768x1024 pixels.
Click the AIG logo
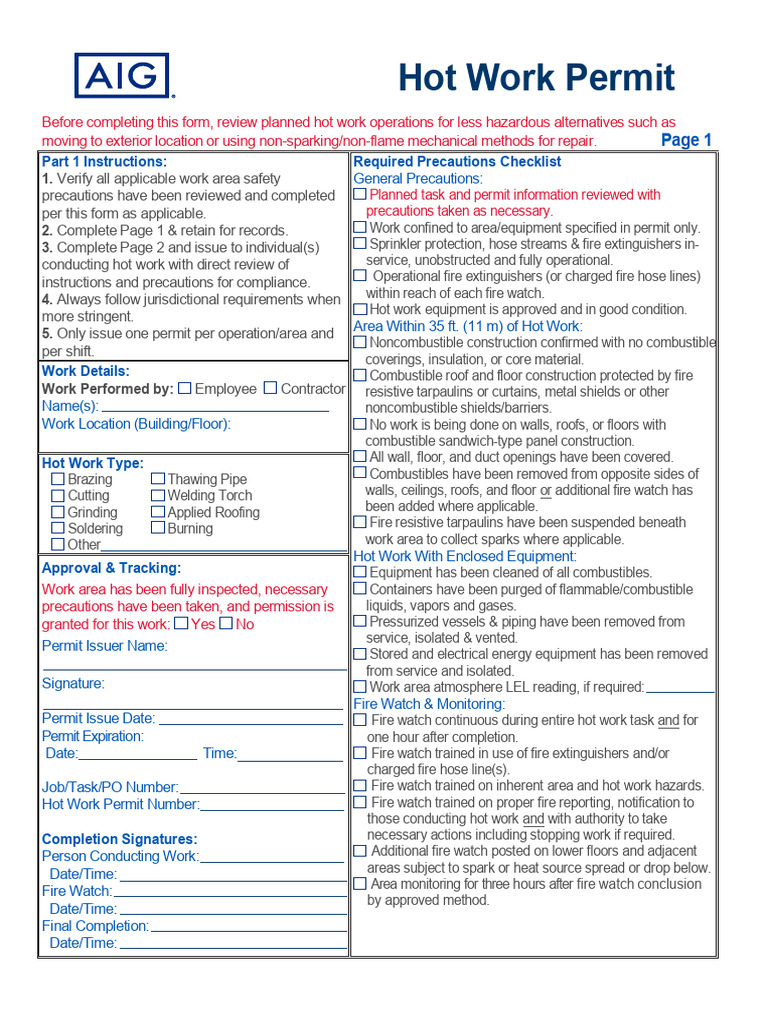(x=121, y=76)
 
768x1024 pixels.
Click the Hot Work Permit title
(x=536, y=77)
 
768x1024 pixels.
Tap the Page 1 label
(x=686, y=140)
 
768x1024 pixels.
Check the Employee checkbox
(x=184, y=388)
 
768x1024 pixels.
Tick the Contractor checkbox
(x=270, y=388)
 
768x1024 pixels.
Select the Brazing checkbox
(x=58, y=479)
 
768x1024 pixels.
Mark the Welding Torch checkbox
(x=158, y=495)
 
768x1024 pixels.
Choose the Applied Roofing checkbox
(x=158, y=512)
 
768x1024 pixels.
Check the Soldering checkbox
(x=58, y=528)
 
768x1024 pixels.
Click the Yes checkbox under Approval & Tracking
(x=181, y=623)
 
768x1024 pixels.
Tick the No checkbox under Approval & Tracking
(x=226, y=623)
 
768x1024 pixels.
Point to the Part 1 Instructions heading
(x=104, y=161)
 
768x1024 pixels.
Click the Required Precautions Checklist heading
(x=457, y=161)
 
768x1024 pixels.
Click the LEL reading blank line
(x=680, y=690)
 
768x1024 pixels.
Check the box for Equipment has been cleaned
(x=360, y=572)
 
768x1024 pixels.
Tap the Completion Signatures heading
(x=119, y=839)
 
